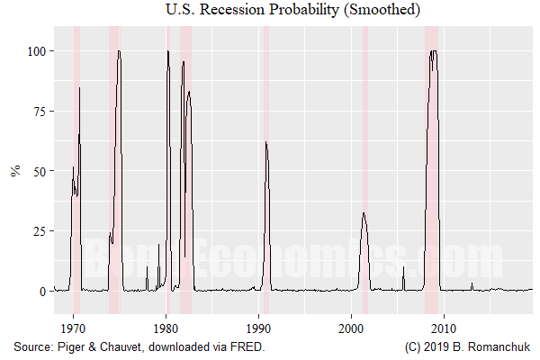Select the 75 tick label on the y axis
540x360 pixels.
[x=38, y=112]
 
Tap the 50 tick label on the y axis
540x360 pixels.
[x=38, y=171]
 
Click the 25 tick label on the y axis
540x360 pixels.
[x=38, y=231]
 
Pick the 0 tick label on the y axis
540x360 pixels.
[x=41, y=292]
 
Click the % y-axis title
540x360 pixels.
[x=15, y=171]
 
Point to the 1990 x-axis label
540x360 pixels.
[x=259, y=328]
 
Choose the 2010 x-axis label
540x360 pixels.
[x=445, y=328]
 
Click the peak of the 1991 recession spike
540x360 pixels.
[x=265, y=142]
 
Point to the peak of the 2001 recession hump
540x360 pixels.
[x=363, y=213]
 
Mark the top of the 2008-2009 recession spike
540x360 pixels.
[x=434, y=51]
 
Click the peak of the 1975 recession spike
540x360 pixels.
[x=119, y=51]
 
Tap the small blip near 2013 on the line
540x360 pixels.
[x=472, y=284]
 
